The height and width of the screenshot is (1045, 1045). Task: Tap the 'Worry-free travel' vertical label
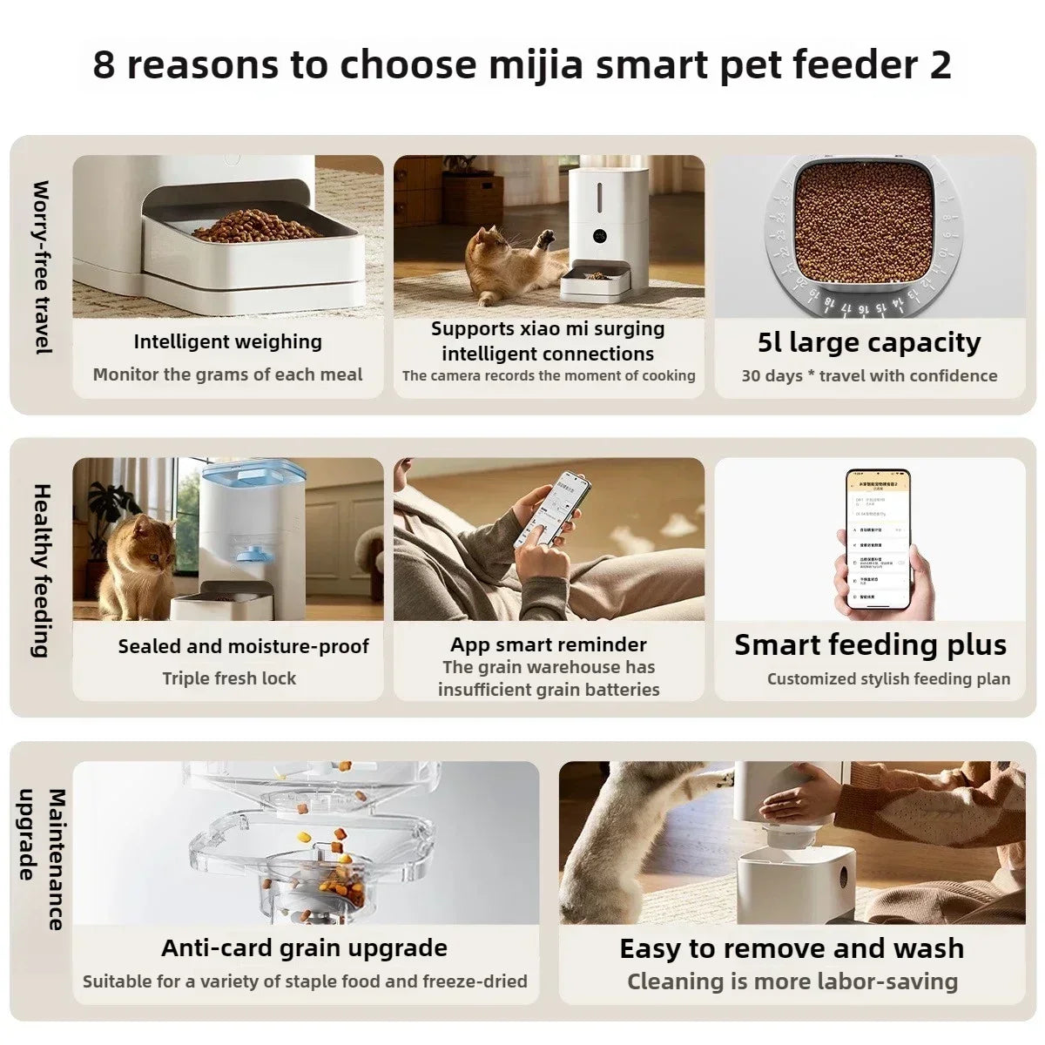click(x=41, y=267)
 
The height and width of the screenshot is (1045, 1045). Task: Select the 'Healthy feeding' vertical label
click(x=41, y=570)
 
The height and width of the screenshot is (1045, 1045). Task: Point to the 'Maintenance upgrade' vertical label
click(x=41, y=860)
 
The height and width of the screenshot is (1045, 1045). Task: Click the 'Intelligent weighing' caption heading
click(x=227, y=341)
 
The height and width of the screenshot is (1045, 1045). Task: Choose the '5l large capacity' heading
click(x=869, y=342)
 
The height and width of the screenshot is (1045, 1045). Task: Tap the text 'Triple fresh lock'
click(x=229, y=678)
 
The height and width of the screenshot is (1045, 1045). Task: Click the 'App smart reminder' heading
click(x=549, y=644)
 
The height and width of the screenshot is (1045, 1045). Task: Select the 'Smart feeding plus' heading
click(x=870, y=644)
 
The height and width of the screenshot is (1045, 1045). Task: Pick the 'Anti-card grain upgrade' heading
click(x=304, y=947)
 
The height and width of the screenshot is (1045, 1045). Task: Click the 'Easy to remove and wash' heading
click(x=792, y=947)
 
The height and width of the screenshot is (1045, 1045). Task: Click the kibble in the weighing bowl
click(x=257, y=226)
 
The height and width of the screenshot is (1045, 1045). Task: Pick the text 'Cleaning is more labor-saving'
click(x=792, y=981)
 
